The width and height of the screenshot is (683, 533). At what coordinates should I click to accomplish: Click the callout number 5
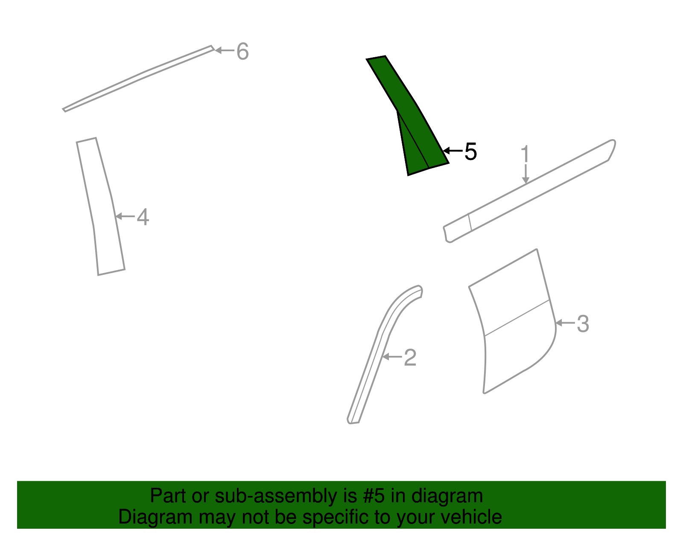tap(470, 151)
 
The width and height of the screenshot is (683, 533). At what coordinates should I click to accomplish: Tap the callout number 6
tap(242, 52)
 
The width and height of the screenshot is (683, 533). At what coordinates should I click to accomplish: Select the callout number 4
tap(143, 217)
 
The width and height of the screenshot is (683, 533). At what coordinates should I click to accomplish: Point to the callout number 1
tap(525, 154)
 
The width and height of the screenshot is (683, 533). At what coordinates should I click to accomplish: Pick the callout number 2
tap(410, 357)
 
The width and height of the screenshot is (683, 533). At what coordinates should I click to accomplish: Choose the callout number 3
tap(583, 324)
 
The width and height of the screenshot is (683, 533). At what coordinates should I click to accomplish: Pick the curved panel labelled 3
tap(517, 324)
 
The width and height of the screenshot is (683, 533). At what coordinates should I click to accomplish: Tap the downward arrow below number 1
tap(525, 175)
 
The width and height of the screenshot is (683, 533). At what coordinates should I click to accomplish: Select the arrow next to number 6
tap(224, 50)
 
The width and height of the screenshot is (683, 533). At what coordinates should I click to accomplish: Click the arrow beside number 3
tap(564, 323)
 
